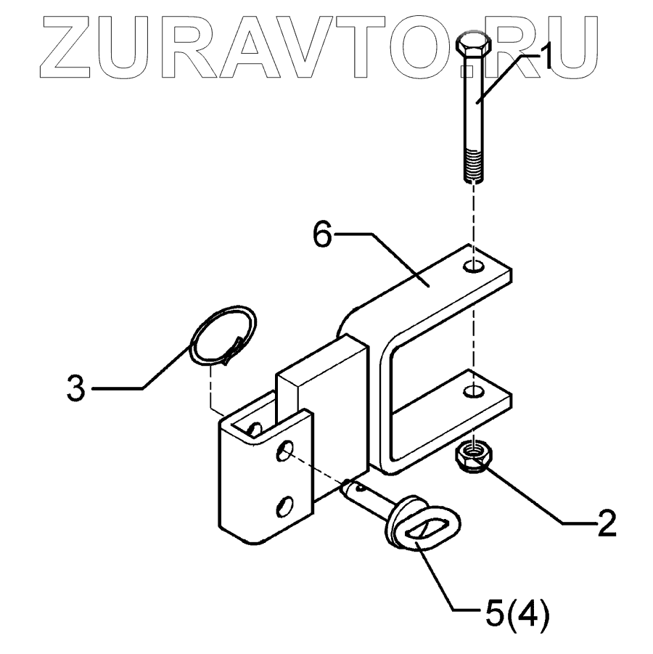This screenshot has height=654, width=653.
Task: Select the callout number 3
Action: click(x=75, y=388)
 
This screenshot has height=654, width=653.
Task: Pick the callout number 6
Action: click(x=324, y=234)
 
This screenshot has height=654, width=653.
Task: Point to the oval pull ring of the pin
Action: click(x=423, y=530)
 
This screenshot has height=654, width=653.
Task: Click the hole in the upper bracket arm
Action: click(x=474, y=266)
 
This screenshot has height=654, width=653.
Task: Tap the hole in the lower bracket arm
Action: click(x=473, y=393)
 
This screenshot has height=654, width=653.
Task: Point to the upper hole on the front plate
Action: click(x=286, y=451)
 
